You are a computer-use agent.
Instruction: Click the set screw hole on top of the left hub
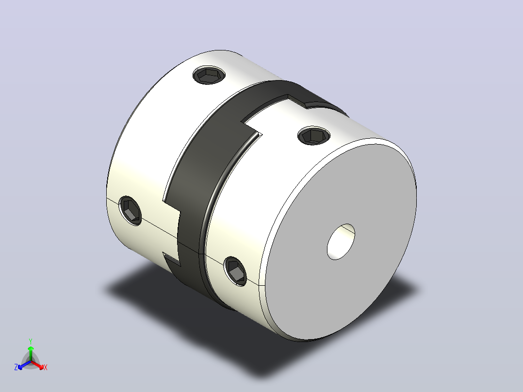coord(209,75)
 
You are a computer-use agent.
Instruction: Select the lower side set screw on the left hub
coord(131,211)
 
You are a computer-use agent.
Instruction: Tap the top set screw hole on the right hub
coord(314,135)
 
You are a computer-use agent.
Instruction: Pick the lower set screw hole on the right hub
coord(236,271)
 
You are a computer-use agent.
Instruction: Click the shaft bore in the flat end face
coord(341,242)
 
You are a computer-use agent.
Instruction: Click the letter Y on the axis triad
coord(31,341)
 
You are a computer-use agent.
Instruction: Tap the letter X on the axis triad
coord(46,367)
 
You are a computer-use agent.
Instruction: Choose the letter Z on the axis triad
coord(16,367)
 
